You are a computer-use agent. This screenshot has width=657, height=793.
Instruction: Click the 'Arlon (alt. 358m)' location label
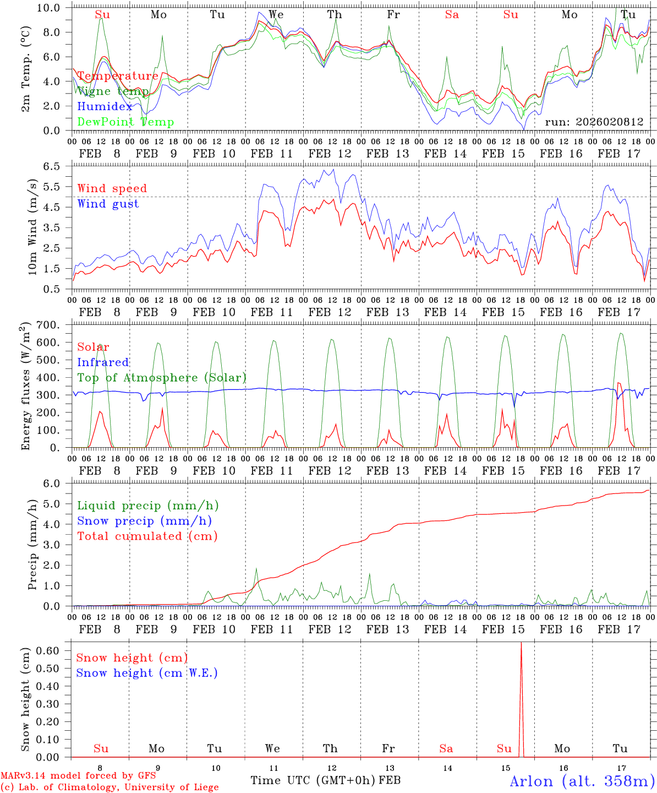click(x=582, y=781)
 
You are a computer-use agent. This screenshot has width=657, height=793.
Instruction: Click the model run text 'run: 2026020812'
click(x=594, y=122)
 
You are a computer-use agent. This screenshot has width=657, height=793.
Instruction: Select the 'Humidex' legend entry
click(x=105, y=107)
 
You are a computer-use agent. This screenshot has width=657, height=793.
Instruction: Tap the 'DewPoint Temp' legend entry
click(x=125, y=122)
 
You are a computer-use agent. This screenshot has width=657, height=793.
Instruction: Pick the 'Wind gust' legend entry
click(x=108, y=204)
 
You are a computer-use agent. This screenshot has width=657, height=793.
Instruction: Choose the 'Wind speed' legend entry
click(x=112, y=188)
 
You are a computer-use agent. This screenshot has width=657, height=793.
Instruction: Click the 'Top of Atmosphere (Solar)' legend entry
click(x=162, y=378)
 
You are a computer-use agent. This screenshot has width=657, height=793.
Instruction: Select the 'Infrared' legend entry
click(x=103, y=362)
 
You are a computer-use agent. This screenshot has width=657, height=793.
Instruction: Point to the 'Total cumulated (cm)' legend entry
click(x=147, y=536)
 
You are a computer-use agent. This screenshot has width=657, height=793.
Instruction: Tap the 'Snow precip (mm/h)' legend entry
click(x=145, y=521)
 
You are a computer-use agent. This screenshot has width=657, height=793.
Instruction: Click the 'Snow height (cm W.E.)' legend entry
click(x=147, y=673)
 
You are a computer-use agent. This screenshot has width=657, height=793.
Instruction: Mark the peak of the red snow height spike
click(x=521, y=643)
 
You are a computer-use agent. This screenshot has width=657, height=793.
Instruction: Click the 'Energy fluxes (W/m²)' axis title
click(x=25, y=387)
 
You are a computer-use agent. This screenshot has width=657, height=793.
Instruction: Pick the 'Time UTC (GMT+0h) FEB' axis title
click(x=325, y=780)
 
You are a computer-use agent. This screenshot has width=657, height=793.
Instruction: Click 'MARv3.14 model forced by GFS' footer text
click(x=78, y=776)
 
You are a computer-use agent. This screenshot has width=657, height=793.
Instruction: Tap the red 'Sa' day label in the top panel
click(x=452, y=15)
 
